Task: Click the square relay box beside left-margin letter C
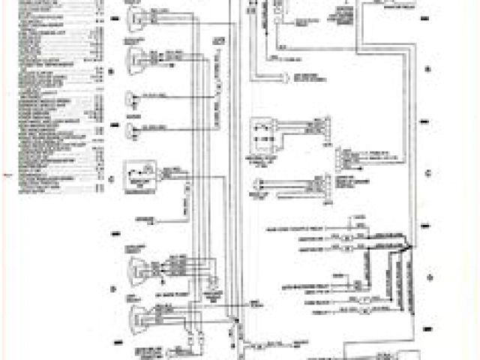139,175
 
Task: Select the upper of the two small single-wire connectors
134,97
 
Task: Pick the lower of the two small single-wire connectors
134,132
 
